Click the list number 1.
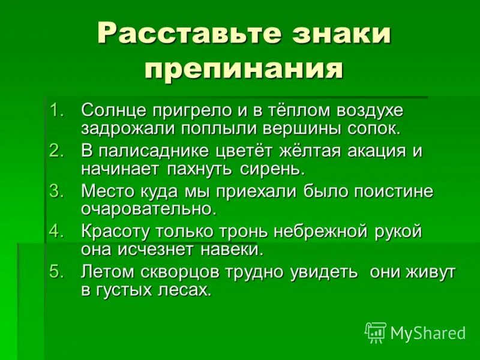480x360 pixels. (56, 110)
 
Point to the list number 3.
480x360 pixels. (56, 191)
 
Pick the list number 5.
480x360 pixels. (56, 272)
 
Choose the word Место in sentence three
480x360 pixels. (108, 191)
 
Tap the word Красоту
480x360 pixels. (116, 232)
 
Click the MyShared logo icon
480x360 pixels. (376, 332)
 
